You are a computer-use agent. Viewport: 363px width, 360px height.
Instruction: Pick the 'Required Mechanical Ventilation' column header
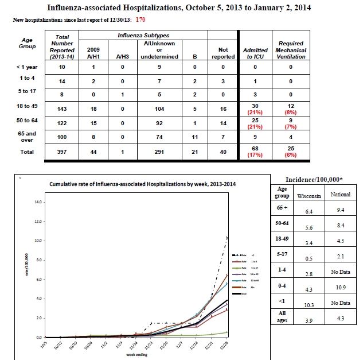(291, 50)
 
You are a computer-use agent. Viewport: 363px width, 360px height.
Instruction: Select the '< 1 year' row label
(27, 67)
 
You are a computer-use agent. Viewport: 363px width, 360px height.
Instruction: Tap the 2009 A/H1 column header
(93, 53)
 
